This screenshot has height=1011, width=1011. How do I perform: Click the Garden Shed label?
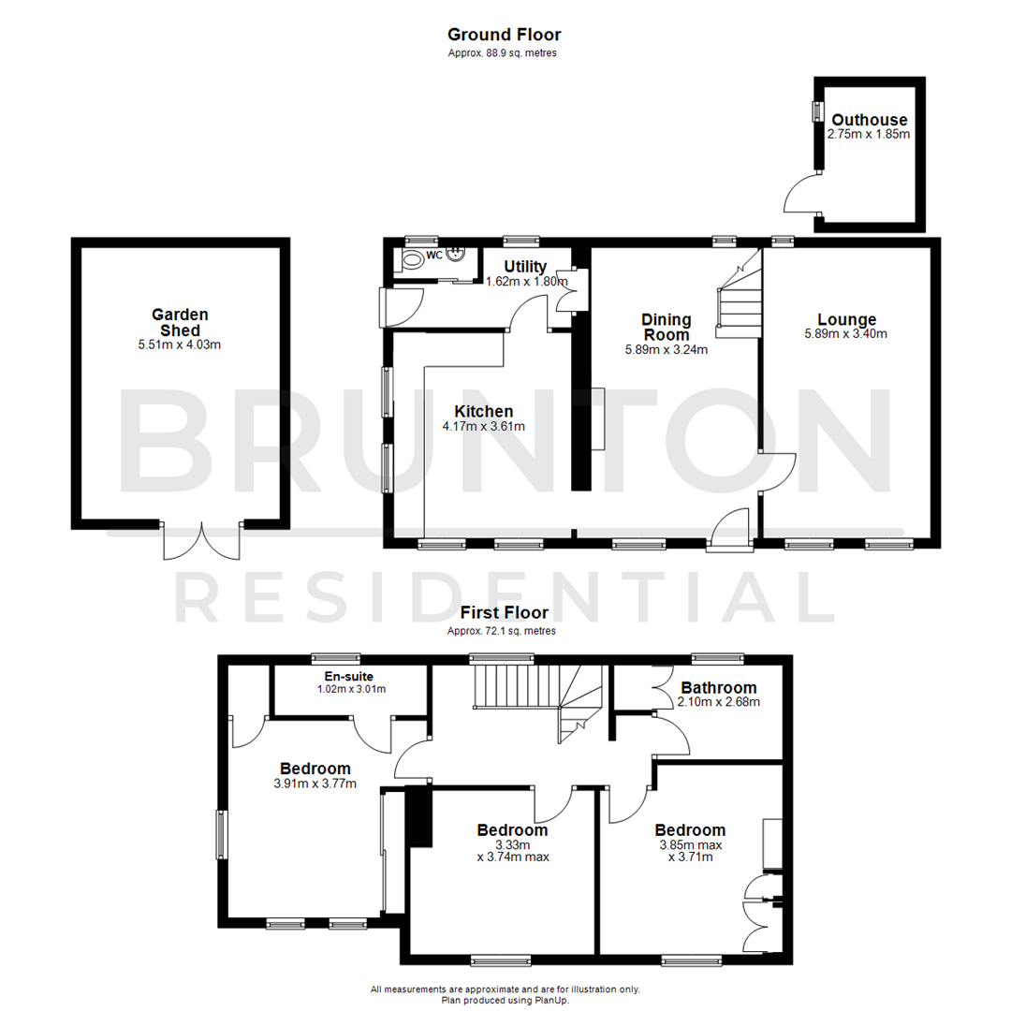pos(180,322)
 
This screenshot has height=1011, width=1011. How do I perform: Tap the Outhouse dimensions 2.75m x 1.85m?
pos(868,135)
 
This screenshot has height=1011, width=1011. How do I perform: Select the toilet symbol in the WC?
pos(412,259)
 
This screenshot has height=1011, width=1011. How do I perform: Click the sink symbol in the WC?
pos(458,255)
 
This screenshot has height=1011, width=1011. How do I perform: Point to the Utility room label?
pos(524,268)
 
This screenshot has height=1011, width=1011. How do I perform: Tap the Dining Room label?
pos(666,327)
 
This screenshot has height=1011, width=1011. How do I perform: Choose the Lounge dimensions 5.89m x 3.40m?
pos(845,334)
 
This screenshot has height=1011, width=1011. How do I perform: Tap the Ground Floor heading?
pos(504,35)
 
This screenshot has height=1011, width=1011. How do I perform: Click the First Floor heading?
pos(504,613)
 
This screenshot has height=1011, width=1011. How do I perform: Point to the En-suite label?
pos(349,677)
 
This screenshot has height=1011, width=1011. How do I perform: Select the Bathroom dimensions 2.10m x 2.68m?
pos(718,702)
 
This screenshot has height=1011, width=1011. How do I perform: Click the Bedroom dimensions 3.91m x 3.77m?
pos(315,784)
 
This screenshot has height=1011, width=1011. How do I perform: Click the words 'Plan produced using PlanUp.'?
pos(505,1000)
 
